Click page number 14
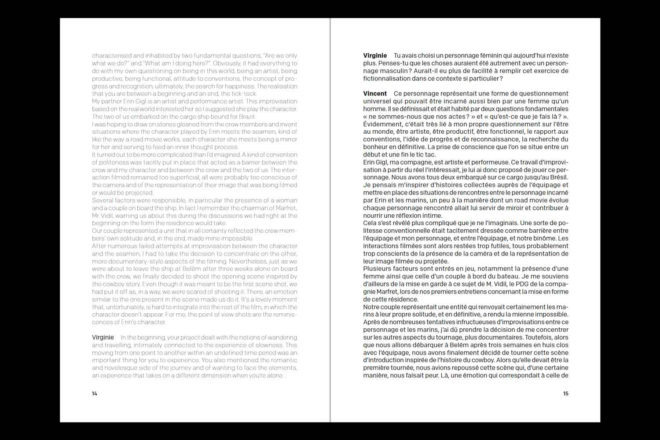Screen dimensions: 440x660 pyautogui.click(x=95, y=393)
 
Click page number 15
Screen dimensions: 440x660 pyautogui.click(x=566, y=393)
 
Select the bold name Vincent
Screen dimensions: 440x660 pyautogui.click(x=375, y=94)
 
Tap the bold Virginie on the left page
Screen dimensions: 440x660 pyautogui.click(x=103, y=337)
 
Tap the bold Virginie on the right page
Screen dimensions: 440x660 pyautogui.click(x=375, y=56)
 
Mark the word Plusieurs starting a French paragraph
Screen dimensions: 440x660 pyautogui.click(x=378, y=268)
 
